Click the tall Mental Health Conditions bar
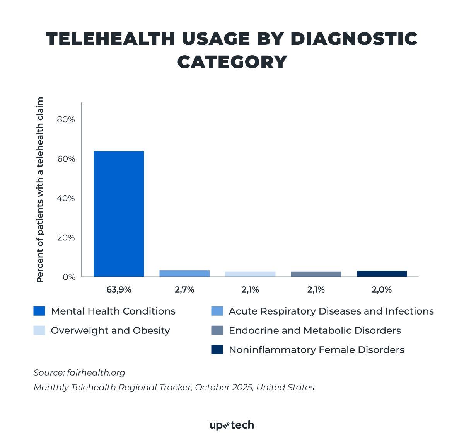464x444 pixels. point(119,214)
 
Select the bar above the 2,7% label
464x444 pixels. point(184,274)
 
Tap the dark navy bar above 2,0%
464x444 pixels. point(382,274)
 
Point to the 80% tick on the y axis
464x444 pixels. point(66,119)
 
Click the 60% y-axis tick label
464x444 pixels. point(66,159)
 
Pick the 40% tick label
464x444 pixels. point(66,198)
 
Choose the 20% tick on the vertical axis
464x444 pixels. point(66,238)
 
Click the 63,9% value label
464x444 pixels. point(119,289)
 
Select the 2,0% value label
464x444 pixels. point(382,289)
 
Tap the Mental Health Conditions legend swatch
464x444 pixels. point(39,311)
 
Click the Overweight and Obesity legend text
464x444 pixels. point(110,330)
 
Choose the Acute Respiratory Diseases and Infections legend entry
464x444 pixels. point(331,311)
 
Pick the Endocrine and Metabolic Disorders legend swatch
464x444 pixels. point(217,330)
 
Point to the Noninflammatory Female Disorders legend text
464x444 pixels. point(316,350)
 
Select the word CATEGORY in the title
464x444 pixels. point(232,62)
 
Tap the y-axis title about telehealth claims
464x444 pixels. point(40,190)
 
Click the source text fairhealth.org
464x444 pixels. point(96,373)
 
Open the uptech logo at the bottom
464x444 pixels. point(232,425)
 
